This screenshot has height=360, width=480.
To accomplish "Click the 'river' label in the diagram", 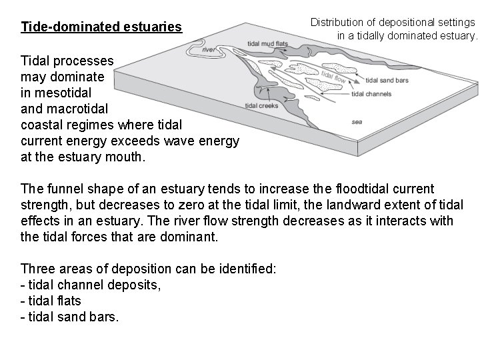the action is (x=208, y=50).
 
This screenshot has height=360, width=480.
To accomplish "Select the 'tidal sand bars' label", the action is (x=387, y=81).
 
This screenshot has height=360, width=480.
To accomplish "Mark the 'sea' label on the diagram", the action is (x=357, y=123).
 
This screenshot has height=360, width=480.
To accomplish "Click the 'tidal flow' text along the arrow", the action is (x=332, y=77).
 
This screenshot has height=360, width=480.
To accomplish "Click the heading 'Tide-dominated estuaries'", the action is (x=101, y=27).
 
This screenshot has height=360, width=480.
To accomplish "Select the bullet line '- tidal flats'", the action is (x=51, y=301).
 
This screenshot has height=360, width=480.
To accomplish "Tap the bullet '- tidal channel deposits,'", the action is (x=91, y=285).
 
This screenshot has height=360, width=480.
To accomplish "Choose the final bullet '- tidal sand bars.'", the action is (x=70, y=317).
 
